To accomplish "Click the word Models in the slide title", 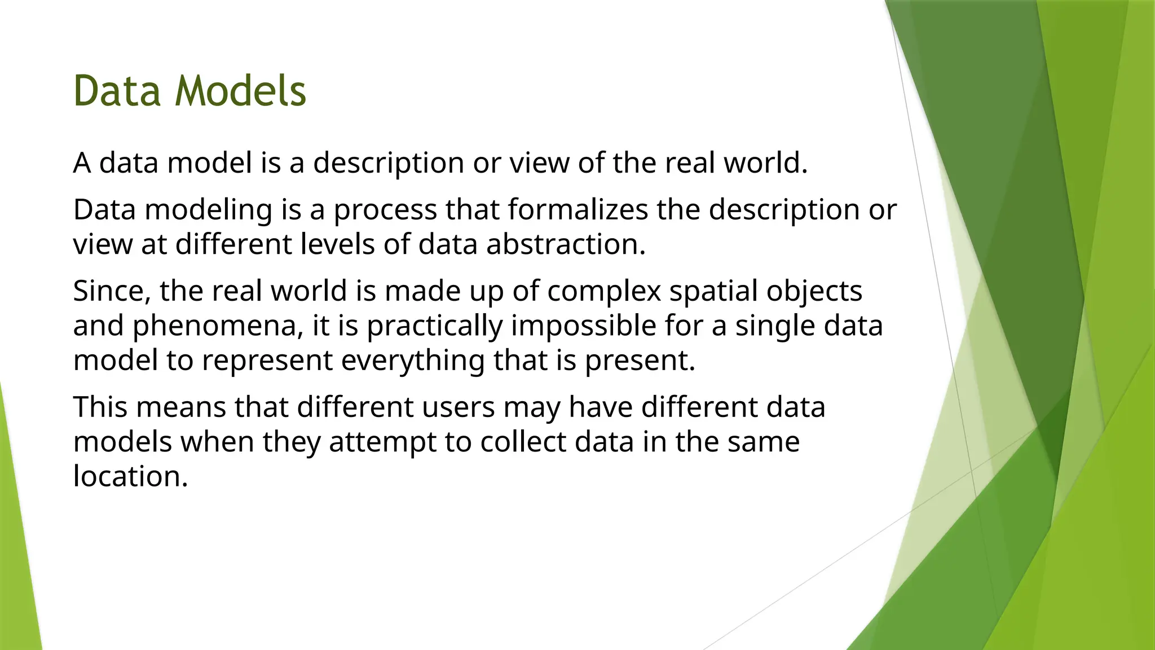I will click(x=241, y=91).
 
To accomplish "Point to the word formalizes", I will click(x=577, y=210).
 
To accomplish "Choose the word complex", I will click(x=604, y=291).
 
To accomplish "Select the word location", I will click(x=130, y=476).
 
